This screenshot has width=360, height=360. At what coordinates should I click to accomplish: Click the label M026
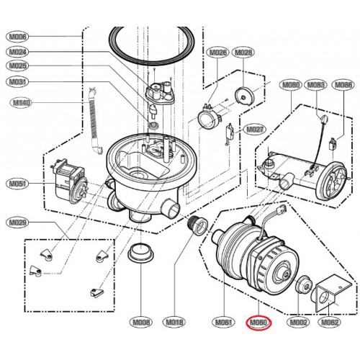217,53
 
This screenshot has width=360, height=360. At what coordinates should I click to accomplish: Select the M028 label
245,53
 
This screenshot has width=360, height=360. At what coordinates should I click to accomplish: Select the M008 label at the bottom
142,322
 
